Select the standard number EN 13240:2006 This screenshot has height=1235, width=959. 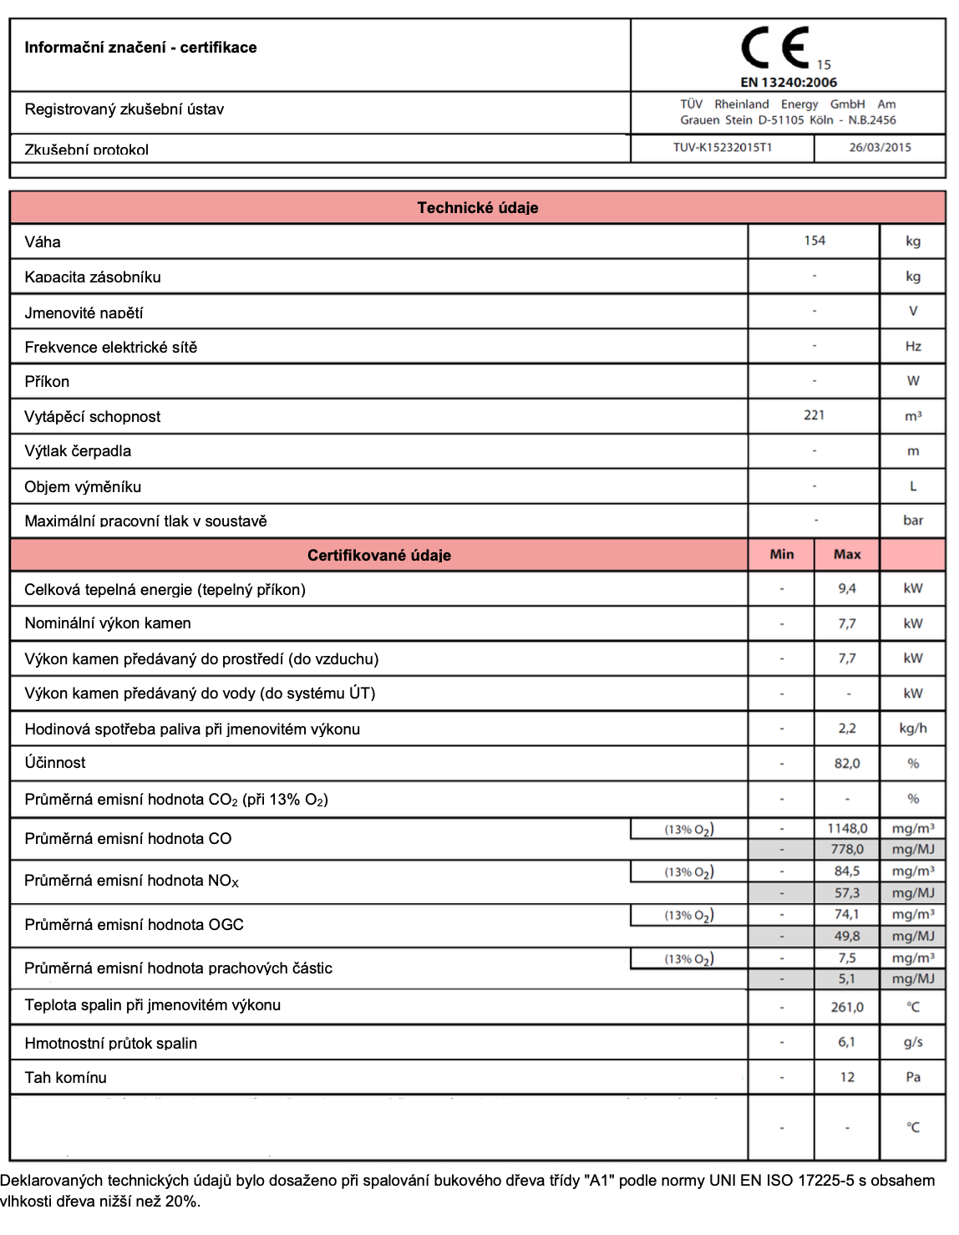[789, 82]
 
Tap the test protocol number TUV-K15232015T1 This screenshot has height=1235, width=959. [723, 147]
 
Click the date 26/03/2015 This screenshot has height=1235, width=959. [880, 147]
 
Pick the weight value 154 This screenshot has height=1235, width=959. [814, 241]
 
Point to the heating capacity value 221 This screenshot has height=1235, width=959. [814, 415]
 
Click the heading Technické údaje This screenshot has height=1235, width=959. [478, 208]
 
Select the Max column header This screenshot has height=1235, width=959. [847, 554]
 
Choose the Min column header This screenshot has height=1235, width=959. [782, 554]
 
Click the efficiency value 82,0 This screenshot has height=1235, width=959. [847, 763]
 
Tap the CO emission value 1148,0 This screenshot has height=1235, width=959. [847, 828]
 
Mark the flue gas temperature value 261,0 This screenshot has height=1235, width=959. [847, 1007]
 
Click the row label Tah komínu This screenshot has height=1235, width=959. [66, 1077]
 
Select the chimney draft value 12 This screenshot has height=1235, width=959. [847, 1077]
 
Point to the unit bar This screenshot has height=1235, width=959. [913, 520]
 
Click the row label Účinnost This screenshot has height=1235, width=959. [55, 762]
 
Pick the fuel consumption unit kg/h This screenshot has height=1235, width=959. [913, 728]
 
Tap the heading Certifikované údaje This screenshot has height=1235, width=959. [379, 555]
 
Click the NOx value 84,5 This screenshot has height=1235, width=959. [847, 871]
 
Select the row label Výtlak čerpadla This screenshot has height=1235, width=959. [78, 450]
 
